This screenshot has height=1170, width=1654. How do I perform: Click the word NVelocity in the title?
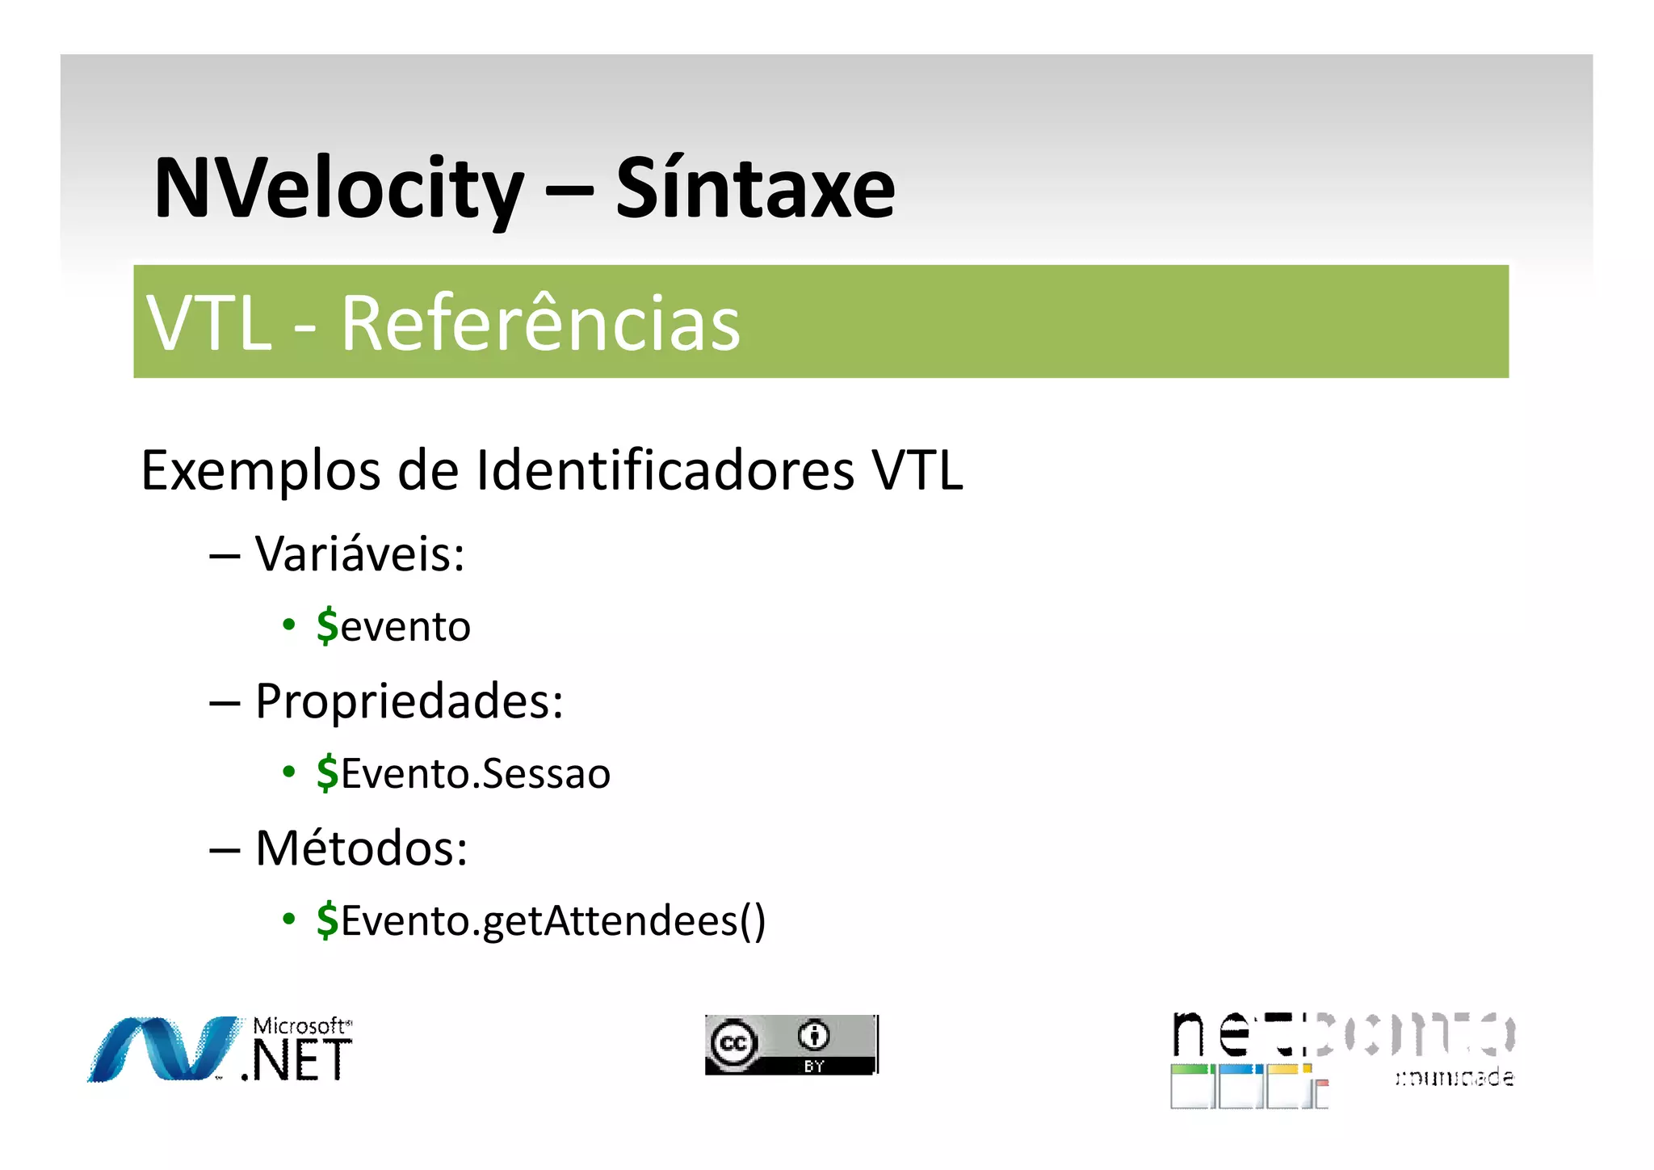tap(338, 189)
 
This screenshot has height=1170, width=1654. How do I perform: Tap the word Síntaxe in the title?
tap(755, 189)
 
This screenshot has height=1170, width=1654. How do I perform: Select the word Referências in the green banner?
tap(540, 323)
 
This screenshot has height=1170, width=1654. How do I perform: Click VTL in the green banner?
tap(209, 323)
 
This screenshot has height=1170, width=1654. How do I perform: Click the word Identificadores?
tap(665, 470)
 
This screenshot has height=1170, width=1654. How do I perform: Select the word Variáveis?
tap(359, 554)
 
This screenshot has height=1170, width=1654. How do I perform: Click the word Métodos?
tap(361, 848)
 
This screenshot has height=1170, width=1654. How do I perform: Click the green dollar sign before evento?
tap(327, 626)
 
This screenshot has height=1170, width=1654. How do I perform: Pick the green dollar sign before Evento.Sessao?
tap(327, 773)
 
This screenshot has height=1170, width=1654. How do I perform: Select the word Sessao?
tap(546, 774)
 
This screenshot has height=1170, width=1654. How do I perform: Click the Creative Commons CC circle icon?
tap(733, 1043)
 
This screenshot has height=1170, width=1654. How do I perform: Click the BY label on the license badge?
tap(813, 1067)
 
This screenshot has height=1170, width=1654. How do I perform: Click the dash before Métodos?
tap(225, 850)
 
